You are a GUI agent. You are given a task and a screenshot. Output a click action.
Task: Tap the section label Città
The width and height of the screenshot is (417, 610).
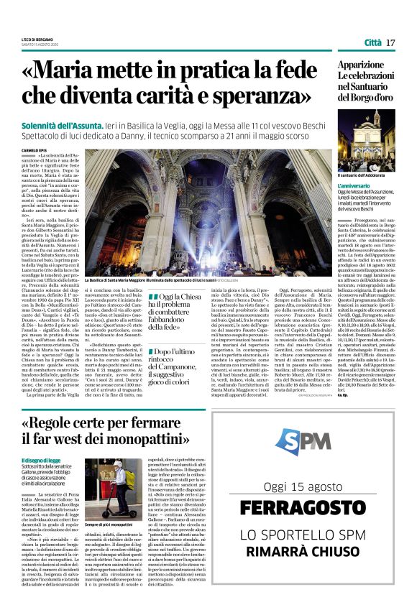click(x=372, y=43)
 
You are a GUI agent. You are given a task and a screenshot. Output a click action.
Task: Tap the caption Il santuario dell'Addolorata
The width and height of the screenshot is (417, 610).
click(x=362, y=174)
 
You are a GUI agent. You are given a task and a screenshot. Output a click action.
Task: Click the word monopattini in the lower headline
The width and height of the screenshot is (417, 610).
click(x=157, y=439)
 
